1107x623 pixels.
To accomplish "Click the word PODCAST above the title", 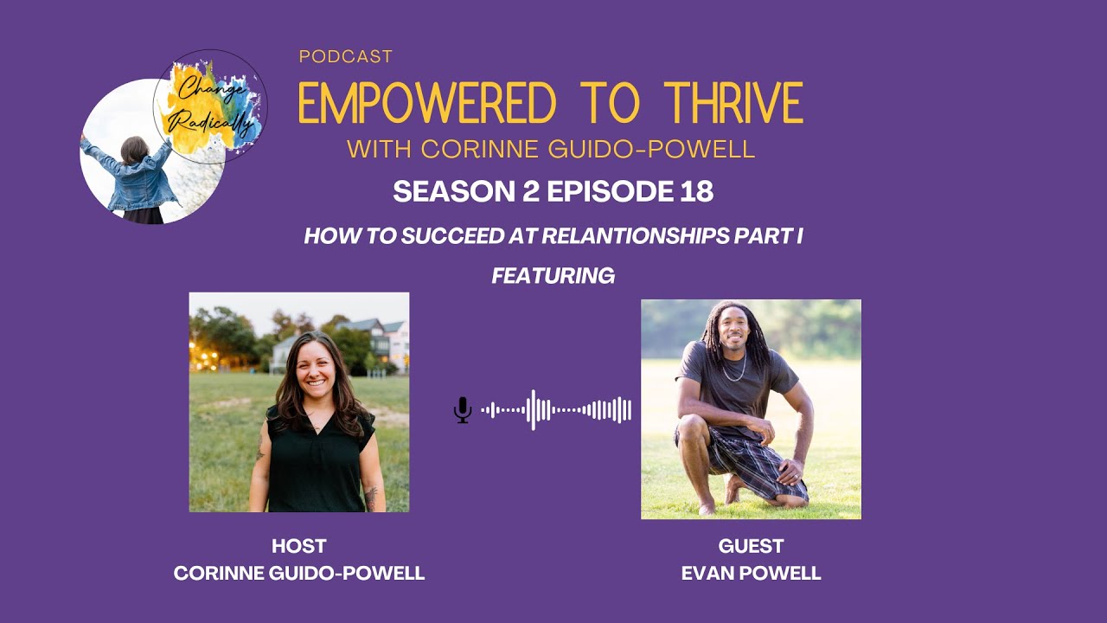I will pyautogui.click(x=345, y=57).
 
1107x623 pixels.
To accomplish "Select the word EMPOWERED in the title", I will pyautogui.click(x=427, y=103).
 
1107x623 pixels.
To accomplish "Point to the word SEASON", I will pyautogui.click(x=441, y=191).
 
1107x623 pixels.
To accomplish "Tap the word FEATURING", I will pyautogui.click(x=553, y=275).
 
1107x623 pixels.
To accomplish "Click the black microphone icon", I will pyautogui.click(x=463, y=410).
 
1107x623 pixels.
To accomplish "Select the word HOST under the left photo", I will pyautogui.click(x=298, y=546).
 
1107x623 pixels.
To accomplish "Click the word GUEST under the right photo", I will pyautogui.click(x=751, y=546).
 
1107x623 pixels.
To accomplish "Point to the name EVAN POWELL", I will pyautogui.click(x=751, y=573).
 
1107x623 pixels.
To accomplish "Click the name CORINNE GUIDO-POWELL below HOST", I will pyautogui.click(x=298, y=573).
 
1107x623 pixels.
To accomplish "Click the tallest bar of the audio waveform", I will pyautogui.click(x=533, y=410).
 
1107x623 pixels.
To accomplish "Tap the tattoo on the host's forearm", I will pyautogui.click(x=372, y=497).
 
